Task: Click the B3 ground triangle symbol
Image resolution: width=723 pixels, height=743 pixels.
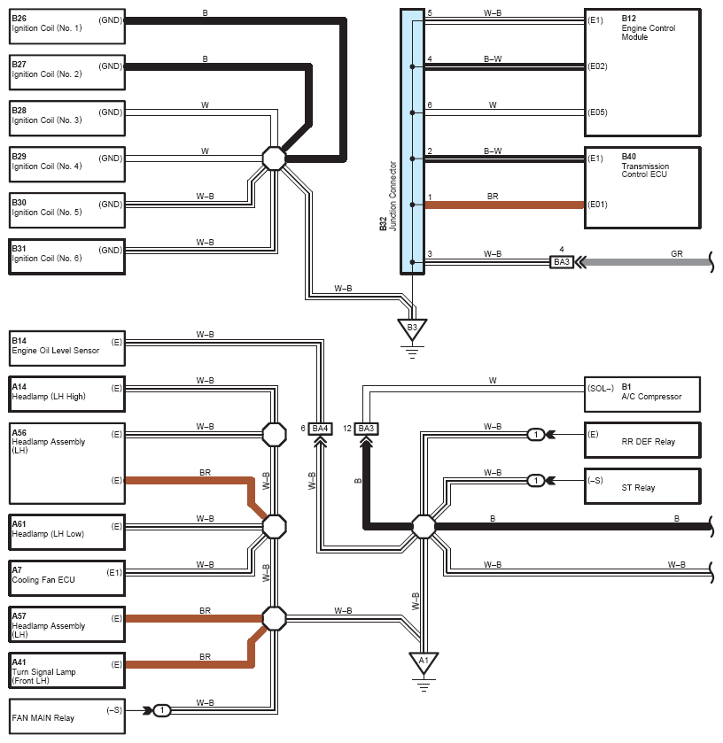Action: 412,329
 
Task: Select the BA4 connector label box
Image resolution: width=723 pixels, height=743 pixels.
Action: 320,429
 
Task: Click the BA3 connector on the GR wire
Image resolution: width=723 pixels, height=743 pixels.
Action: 562,262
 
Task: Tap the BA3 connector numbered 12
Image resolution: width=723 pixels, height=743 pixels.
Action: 366,429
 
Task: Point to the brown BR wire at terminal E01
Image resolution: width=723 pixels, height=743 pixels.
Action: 504,205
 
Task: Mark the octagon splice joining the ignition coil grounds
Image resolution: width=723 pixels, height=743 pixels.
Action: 275,159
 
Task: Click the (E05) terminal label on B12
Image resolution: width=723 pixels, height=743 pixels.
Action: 597,112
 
